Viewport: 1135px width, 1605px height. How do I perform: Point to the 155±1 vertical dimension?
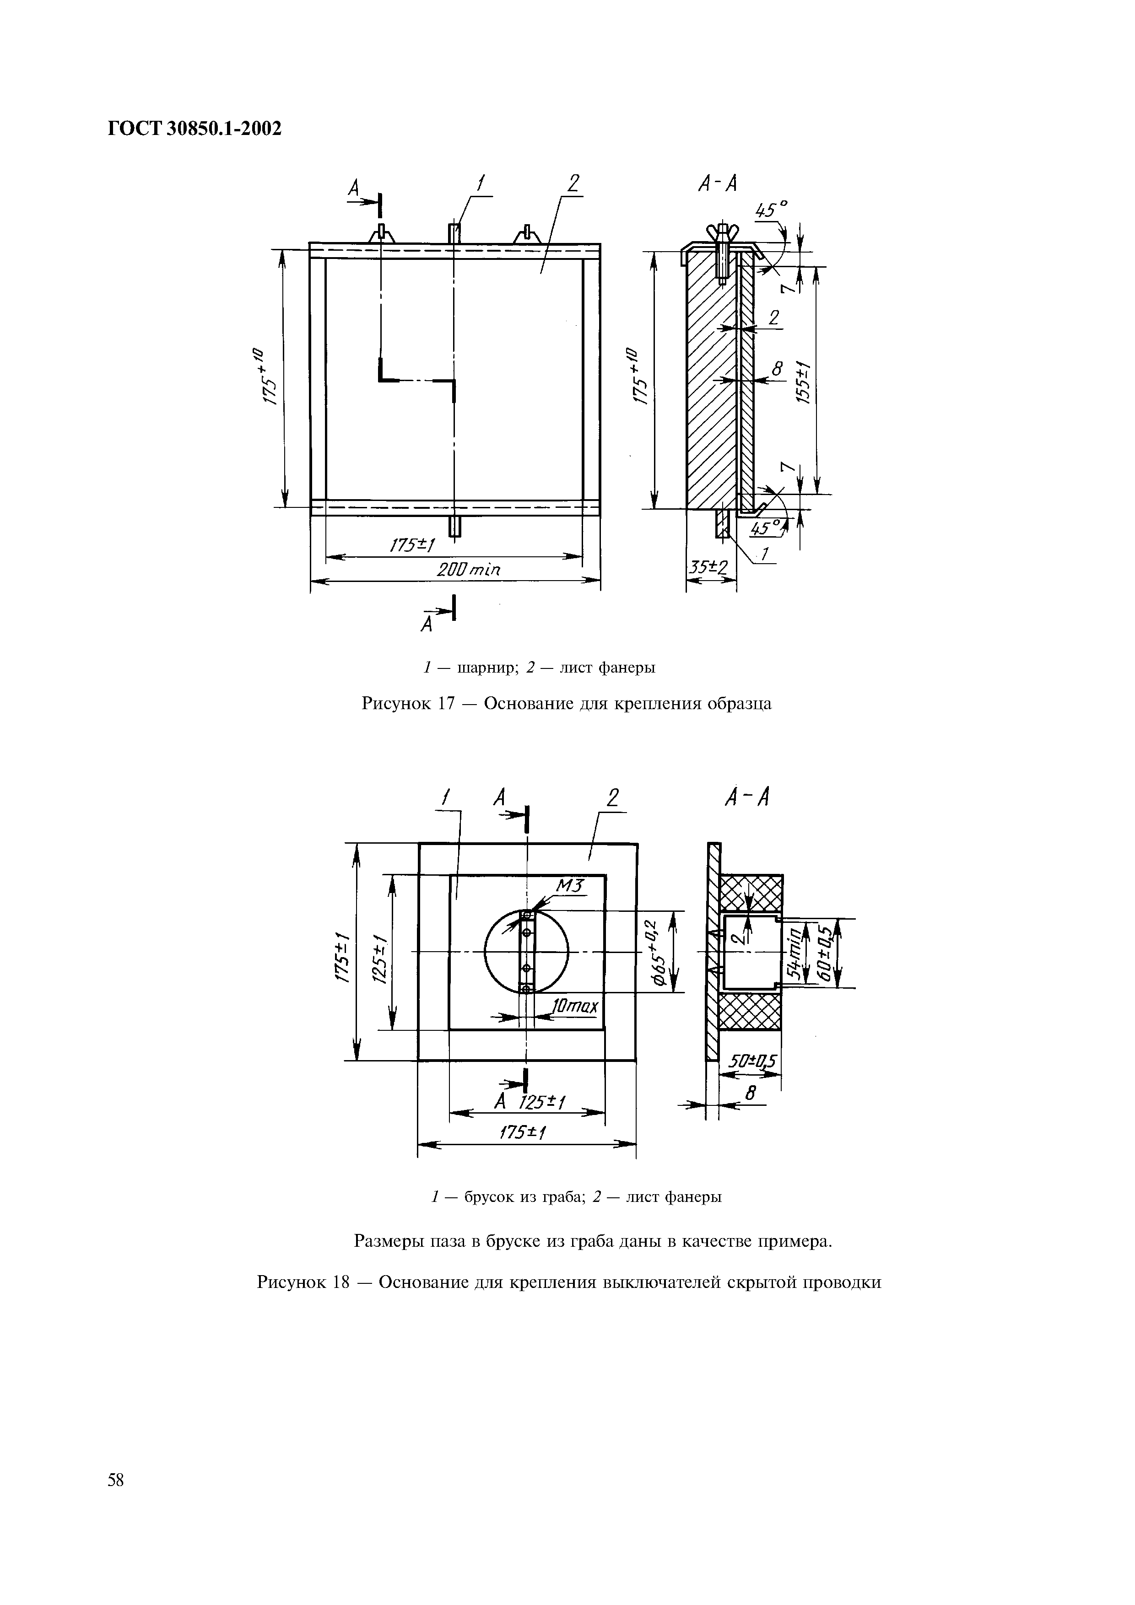coord(804,382)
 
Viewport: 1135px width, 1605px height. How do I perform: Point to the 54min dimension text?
coord(794,952)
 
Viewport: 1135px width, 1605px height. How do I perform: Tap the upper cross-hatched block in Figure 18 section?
coord(751,893)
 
